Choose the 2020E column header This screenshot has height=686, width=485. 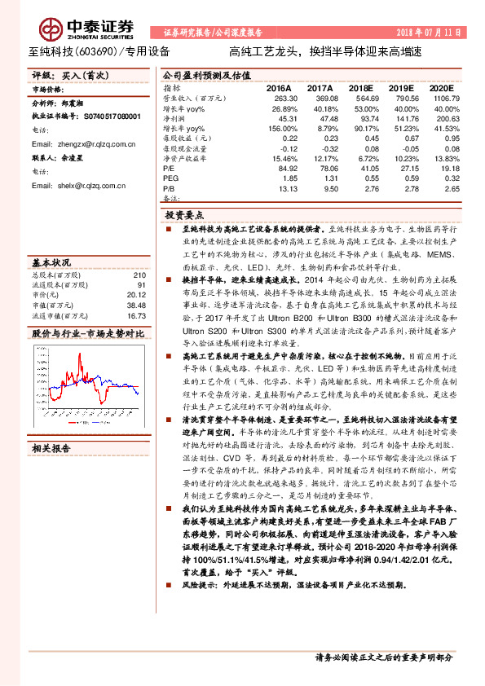click(441, 87)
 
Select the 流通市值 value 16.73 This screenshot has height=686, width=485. click(135, 315)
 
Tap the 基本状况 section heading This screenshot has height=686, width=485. click(51, 263)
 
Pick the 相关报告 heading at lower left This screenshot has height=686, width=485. click(51, 424)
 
